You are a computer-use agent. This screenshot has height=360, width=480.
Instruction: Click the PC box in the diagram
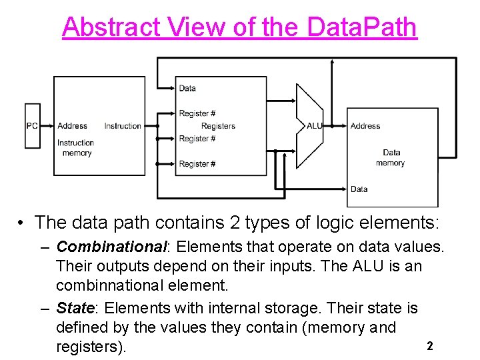click(32, 126)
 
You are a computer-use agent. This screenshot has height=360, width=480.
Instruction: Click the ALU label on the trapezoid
click(314, 126)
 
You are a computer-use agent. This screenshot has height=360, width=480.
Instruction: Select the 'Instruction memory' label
click(75, 148)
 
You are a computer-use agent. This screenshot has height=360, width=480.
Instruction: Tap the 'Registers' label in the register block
click(218, 126)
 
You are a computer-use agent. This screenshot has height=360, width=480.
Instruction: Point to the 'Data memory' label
click(391, 158)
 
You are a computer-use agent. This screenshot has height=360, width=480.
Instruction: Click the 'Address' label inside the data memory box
click(365, 126)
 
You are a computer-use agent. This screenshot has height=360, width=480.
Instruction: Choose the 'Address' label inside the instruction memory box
click(72, 126)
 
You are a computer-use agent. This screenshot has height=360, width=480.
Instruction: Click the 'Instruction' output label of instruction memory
click(123, 126)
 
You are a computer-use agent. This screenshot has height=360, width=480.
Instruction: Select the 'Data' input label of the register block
click(187, 88)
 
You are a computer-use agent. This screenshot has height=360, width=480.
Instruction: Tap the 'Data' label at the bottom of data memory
click(359, 189)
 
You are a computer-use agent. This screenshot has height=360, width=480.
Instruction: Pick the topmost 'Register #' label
click(197, 113)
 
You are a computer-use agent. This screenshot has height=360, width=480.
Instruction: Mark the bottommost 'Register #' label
click(197, 164)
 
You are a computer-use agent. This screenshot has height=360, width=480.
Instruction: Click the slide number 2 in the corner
click(430, 346)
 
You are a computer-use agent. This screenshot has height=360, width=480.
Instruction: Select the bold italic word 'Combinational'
click(110, 247)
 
